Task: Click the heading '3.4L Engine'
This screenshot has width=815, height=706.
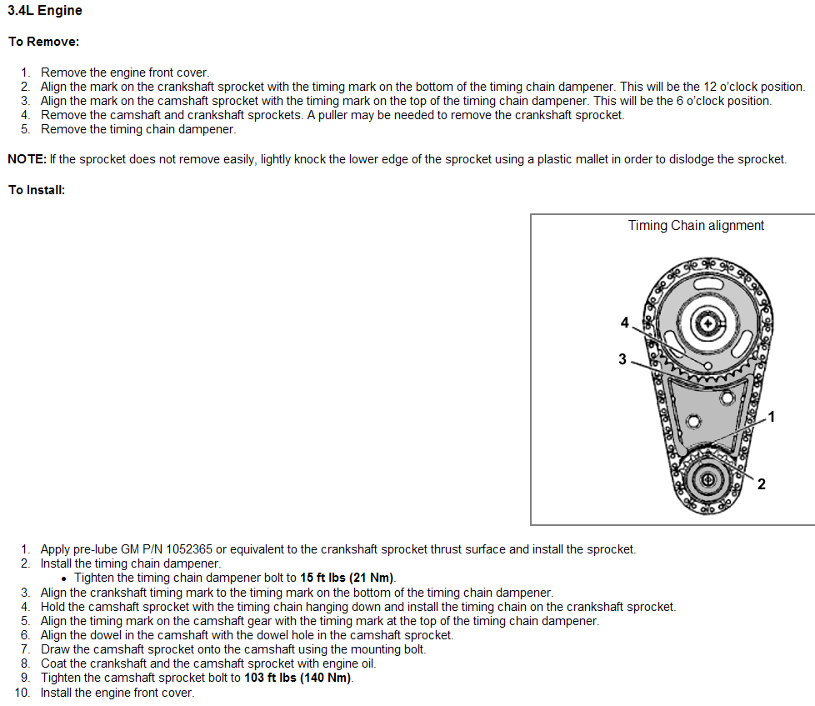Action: [x=45, y=11]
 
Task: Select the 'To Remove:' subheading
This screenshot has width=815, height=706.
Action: [x=43, y=42]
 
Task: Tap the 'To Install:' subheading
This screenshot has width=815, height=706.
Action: [x=37, y=190]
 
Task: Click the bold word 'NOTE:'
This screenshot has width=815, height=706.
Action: [x=27, y=159]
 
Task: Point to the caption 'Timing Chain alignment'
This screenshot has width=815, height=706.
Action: [x=696, y=225]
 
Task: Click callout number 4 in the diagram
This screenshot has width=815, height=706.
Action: [x=624, y=323]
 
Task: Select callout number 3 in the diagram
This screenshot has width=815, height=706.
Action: [x=622, y=359]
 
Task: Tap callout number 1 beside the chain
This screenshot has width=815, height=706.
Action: [x=771, y=416]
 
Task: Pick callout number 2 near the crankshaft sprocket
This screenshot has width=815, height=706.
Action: [x=761, y=483]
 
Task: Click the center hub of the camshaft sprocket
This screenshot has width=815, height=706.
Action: [x=707, y=323]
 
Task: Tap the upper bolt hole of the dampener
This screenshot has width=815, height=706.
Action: [x=727, y=399]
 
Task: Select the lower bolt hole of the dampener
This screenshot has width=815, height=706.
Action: [x=690, y=421]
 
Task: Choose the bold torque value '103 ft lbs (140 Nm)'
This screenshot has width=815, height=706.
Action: [x=298, y=678]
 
